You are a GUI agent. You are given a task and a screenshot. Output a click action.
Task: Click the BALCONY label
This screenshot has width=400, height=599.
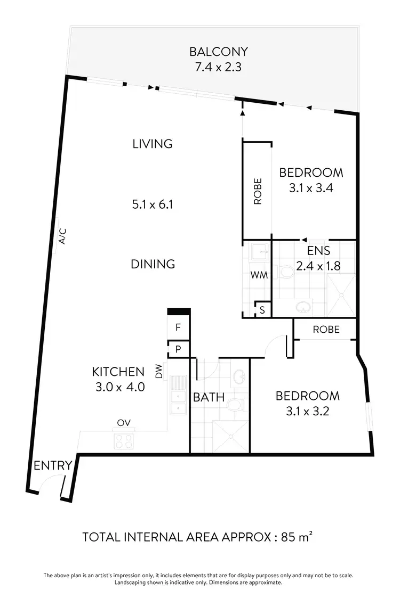pyautogui.click(x=219, y=52)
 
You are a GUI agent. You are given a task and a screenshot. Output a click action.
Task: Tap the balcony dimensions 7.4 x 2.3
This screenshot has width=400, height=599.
pyautogui.click(x=219, y=68)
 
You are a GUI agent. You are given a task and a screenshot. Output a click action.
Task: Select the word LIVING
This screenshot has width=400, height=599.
pyautogui.click(x=153, y=144)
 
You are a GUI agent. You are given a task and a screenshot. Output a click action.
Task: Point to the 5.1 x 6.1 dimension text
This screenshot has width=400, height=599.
pyautogui.click(x=153, y=204)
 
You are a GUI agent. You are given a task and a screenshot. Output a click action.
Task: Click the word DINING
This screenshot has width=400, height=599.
pyautogui.click(x=153, y=264)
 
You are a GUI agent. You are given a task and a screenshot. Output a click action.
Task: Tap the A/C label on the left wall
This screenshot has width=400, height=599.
pyautogui.click(x=62, y=236)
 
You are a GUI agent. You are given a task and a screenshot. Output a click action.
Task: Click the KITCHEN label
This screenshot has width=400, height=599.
pyautogui.click(x=118, y=372)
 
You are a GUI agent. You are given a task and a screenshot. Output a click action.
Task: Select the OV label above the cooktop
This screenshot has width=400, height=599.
pyautogui.click(x=124, y=424)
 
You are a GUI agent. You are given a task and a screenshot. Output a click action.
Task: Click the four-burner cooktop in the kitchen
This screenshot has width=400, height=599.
pyautogui.click(x=124, y=441)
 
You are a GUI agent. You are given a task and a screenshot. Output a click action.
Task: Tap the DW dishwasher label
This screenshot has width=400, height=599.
pyautogui.click(x=159, y=372)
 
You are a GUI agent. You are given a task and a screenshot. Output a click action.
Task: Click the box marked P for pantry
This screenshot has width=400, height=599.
pyautogui.click(x=179, y=349)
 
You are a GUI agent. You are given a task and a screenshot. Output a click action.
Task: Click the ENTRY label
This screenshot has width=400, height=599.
pyautogui.click(x=53, y=466)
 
